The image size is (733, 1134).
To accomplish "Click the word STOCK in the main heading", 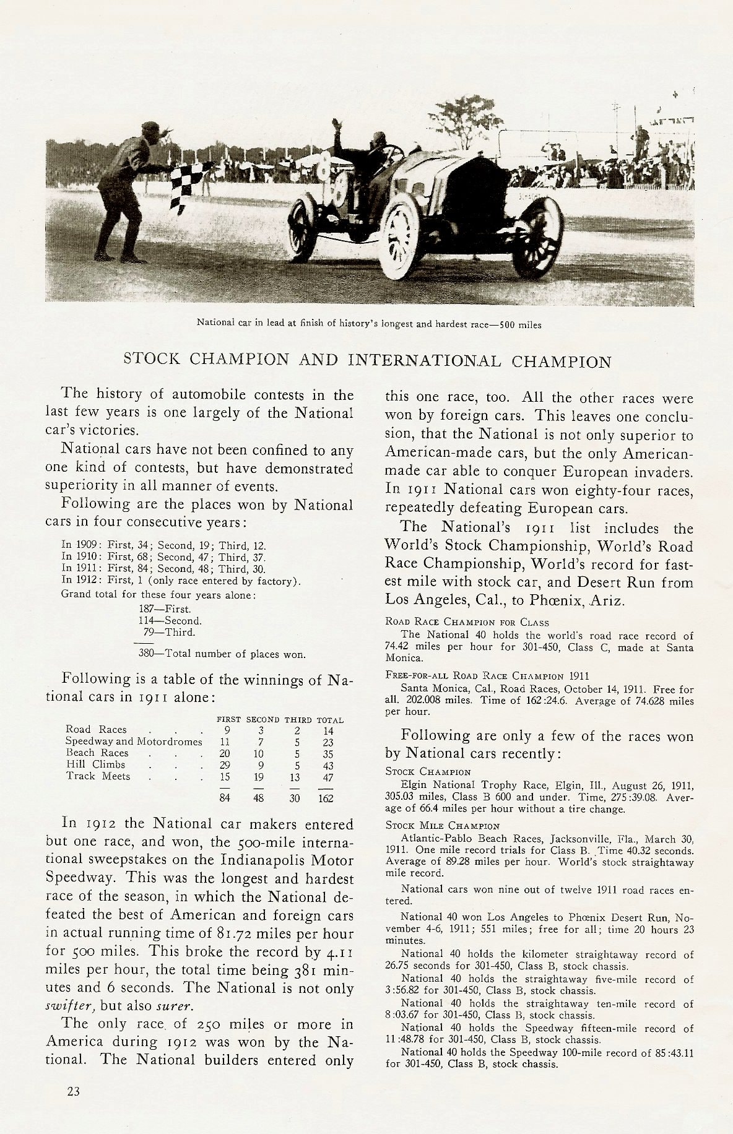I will click(152, 359).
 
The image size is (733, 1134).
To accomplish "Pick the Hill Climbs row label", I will click(95, 764).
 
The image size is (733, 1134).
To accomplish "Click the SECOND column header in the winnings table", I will click(263, 720).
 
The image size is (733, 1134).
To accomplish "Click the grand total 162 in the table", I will click(326, 799).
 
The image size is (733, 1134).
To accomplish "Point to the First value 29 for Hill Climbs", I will click(225, 765).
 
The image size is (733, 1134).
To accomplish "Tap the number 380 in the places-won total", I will click(145, 654).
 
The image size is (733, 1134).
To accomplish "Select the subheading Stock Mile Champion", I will click(442, 826).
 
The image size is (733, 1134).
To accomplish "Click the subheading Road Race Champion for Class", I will click(467, 622).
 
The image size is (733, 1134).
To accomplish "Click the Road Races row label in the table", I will click(96, 729).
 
